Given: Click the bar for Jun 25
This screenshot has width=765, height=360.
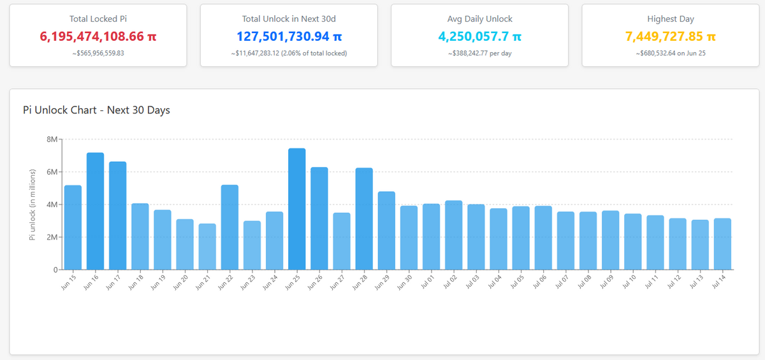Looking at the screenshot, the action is [x=297, y=209].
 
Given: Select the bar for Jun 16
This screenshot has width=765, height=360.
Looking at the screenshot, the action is [x=95, y=211].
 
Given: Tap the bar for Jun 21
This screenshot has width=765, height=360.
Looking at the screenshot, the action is [x=207, y=247].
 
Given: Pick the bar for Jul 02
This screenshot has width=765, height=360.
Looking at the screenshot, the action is [x=453, y=234].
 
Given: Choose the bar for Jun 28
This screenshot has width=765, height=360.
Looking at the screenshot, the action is [x=364, y=219].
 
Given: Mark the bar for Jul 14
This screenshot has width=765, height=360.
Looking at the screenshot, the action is [x=722, y=244].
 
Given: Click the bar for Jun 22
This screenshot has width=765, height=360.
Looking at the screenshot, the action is [x=229, y=227].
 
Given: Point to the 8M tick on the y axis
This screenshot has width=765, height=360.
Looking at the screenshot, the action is [x=52, y=140].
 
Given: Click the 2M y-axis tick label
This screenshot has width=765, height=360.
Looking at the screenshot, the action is [x=52, y=237].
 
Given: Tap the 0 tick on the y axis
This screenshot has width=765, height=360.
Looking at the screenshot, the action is [x=55, y=270].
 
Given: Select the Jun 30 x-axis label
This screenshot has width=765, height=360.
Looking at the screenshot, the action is [x=404, y=282].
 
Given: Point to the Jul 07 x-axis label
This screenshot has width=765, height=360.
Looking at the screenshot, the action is [x=562, y=282].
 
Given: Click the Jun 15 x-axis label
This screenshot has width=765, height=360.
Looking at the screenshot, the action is [x=68, y=282].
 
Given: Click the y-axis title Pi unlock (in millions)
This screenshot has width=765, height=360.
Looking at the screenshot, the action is [x=33, y=205].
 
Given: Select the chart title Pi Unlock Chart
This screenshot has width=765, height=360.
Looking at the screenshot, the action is [x=60, y=110].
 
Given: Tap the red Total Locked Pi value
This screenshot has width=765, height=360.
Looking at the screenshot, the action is [x=98, y=36].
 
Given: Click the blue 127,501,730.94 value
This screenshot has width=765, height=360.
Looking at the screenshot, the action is [x=289, y=36].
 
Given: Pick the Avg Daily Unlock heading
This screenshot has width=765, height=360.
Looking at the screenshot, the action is [x=479, y=18].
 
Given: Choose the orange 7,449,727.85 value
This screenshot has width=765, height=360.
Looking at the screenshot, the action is [x=671, y=36].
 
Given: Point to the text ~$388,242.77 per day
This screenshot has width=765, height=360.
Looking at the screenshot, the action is [x=479, y=54].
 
